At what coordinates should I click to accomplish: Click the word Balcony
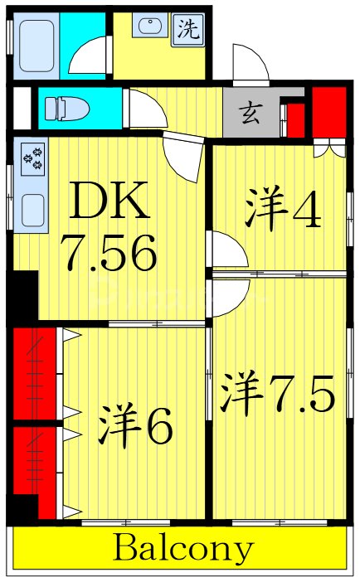pos(183,549)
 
